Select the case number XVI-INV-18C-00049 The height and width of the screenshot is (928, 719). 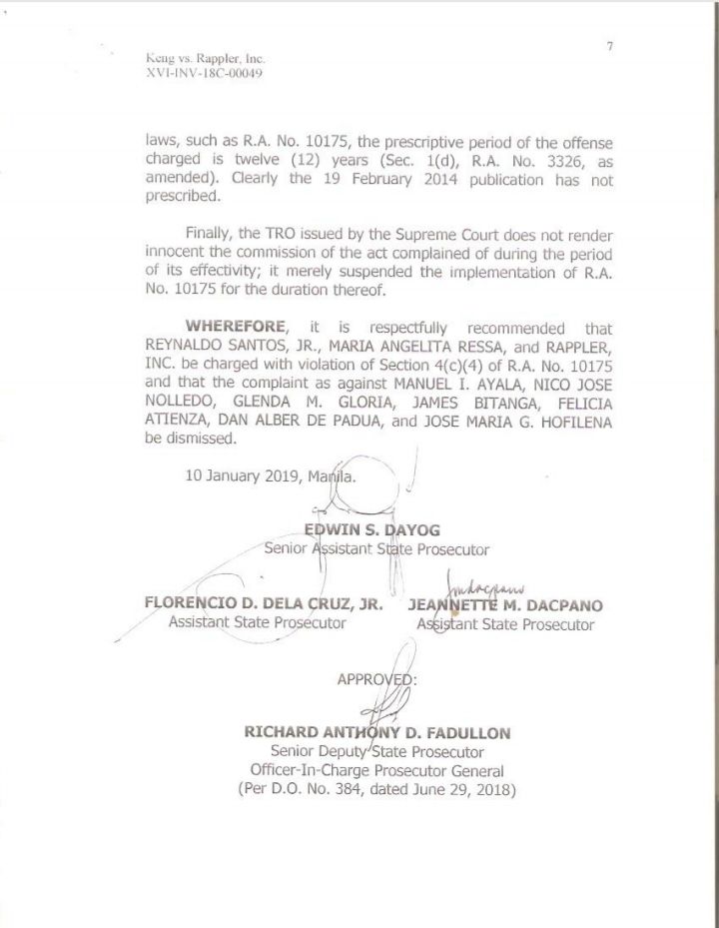pyautogui.click(x=205, y=77)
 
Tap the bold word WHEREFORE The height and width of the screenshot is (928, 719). pyautogui.click(x=236, y=328)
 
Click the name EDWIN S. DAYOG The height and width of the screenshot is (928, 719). pyautogui.click(x=370, y=528)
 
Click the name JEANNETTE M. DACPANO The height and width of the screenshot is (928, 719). pyautogui.click(x=505, y=605)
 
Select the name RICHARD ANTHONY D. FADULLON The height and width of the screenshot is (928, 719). pyautogui.click(x=376, y=732)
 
